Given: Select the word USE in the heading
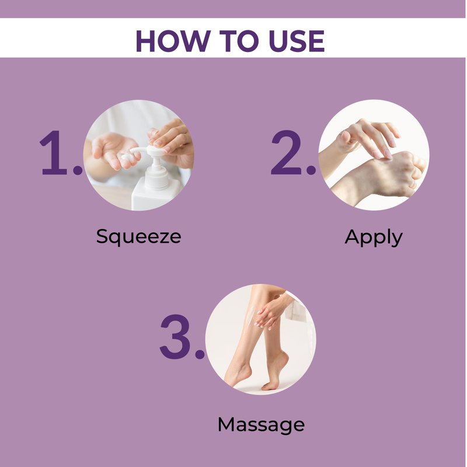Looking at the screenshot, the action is click(x=297, y=41).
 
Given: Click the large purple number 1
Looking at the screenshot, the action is click(x=54, y=152).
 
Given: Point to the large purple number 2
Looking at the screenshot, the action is click(x=287, y=152).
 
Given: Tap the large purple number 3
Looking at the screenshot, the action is click(x=175, y=336).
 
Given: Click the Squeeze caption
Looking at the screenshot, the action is click(x=138, y=237).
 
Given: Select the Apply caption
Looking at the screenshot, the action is click(x=374, y=238).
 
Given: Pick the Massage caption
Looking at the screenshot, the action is click(x=261, y=426).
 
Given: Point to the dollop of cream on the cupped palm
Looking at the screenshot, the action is click(x=127, y=157).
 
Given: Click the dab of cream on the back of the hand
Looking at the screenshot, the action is click(x=386, y=160).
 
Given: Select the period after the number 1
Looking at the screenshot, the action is click(x=78, y=169).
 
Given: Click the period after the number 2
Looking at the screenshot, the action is click(x=311, y=169).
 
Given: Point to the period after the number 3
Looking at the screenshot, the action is click(x=200, y=354).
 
